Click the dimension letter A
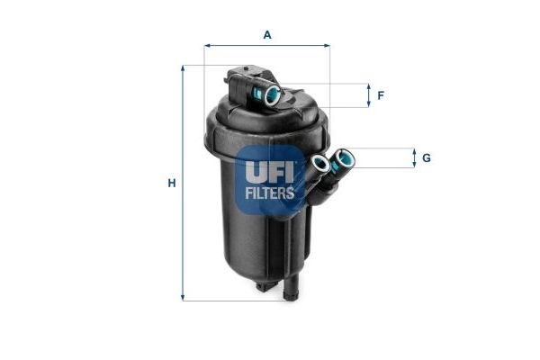click(x=267, y=34)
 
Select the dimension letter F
click(x=381, y=95)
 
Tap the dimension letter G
click(x=426, y=158)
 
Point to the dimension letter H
click(x=171, y=184)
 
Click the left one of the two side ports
click(x=319, y=165)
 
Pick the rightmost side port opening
click(x=344, y=159)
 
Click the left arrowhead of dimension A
click(x=207, y=44)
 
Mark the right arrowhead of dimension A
click(x=327, y=44)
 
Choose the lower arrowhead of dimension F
click(x=368, y=104)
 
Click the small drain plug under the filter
click(x=263, y=286)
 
